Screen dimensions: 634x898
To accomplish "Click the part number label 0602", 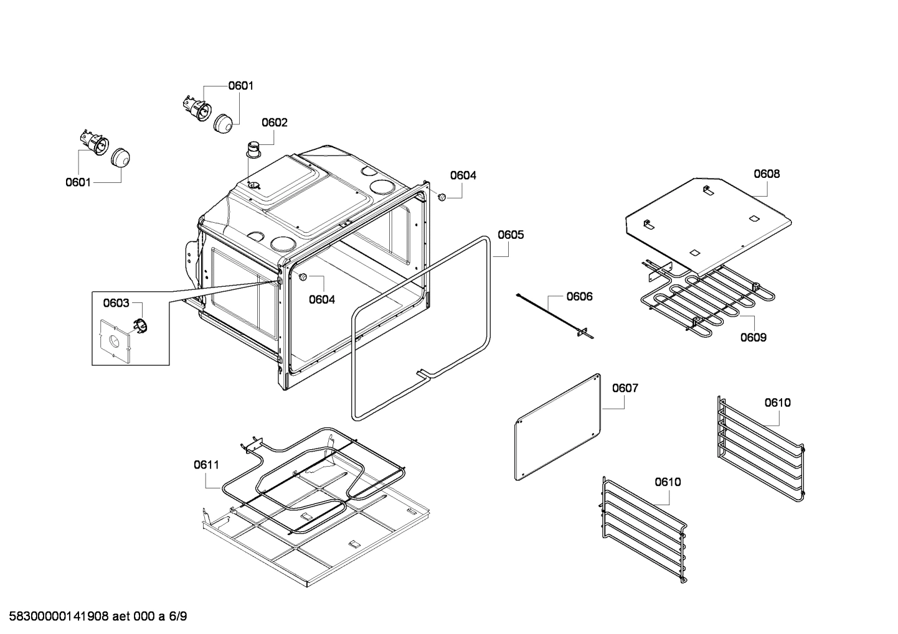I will [274, 123].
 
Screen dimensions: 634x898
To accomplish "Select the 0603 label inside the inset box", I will [116, 303].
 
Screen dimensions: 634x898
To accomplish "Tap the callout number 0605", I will [510, 235].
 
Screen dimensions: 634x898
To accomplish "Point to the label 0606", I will [579, 296].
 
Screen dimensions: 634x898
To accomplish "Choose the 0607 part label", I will [625, 388].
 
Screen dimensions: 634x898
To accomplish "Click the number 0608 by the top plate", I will [766, 174].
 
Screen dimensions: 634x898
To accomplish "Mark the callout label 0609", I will [753, 337].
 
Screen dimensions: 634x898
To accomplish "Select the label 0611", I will [206, 464].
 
